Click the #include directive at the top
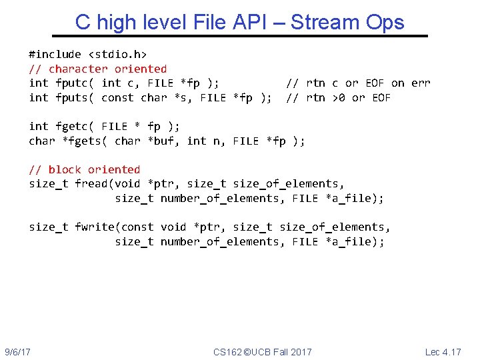(x=55, y=54)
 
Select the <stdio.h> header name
(x=117, y=54)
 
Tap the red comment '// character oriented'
(x=97, y=69)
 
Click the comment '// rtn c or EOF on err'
(x=358, y=83)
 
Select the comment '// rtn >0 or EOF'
(x=338, y=98)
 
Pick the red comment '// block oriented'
(x=85, y=169)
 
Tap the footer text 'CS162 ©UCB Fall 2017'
(x=262, y=351)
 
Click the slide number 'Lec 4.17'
(x=443, y=351)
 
